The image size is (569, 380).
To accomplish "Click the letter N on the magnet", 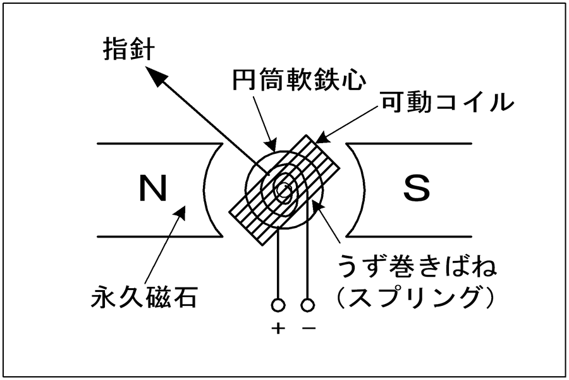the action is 153,188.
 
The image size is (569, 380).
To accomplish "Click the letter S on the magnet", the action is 417,188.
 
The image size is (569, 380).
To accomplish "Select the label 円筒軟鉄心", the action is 298,79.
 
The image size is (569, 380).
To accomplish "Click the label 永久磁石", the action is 144,297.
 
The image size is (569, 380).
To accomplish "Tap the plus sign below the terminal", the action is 278,328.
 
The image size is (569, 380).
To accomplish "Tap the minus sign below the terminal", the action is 309,328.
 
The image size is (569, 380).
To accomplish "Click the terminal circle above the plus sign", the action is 278,305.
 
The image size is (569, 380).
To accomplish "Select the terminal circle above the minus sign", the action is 308,305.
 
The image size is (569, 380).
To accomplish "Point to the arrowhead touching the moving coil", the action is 316,142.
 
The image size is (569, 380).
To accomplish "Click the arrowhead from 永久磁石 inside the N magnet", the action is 185,205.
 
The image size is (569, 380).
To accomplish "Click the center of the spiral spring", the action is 284,189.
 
